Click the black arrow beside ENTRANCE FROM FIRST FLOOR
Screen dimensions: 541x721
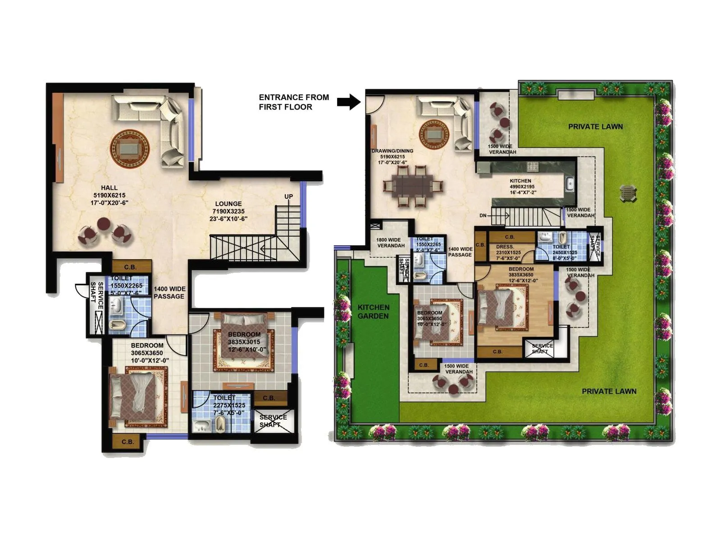pyautogui.click(x=349, y=102)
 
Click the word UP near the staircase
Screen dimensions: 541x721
pyautogui.click(x=288, y=197)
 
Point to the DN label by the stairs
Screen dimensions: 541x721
pyautogui.click(x=483, y=215)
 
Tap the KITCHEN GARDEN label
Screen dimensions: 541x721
pyautogui.click(x=373, y=312)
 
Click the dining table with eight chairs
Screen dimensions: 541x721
pyautogui.click(x=412, y=186)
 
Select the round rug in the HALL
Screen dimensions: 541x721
pyautogui.click(x=130, y=148)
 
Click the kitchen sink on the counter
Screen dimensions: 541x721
pyautogui.click(x=570, y=184)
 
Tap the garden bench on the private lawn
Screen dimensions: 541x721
pyautogui.click(x=628, y=193)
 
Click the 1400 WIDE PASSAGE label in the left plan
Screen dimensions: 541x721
pyautogui.click(x=169, y=293)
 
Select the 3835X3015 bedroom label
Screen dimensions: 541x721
pyautogui.click(x=244, y=342)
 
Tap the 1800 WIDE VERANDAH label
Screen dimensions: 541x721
pyautogui.click(x=391, y=243)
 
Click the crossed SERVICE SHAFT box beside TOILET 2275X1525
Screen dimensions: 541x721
pyautogui.click(x=273, y=421)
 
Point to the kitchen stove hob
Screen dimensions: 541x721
pyautogui.click(x=533, y=166)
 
